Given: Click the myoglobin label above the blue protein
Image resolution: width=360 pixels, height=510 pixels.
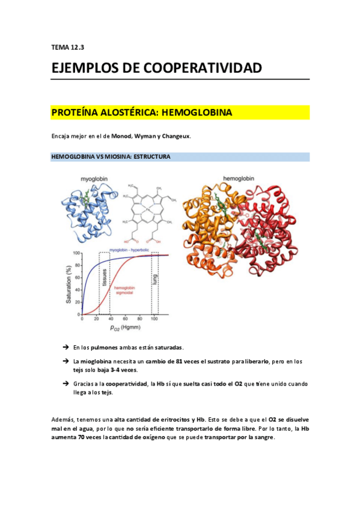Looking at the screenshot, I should coord(94,179).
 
